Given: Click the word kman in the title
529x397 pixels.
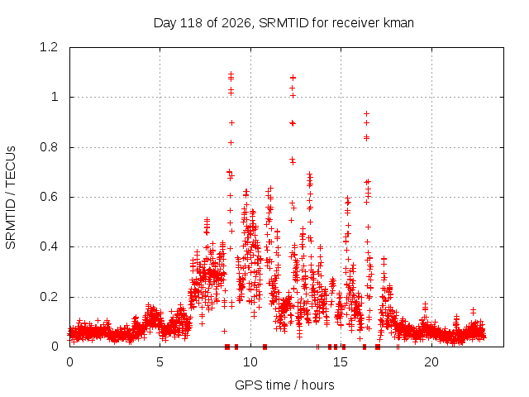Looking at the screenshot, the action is click(398, 23).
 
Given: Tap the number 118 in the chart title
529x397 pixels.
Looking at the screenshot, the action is click(191, 23).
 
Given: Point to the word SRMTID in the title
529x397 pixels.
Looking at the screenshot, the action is click(284, 23).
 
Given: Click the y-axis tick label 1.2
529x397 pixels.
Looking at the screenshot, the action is click(49, 47).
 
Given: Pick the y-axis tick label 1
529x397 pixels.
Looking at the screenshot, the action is click(55, 98).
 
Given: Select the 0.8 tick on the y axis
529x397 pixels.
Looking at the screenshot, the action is click(49, 147).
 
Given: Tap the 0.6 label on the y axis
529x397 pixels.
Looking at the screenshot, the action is click(49, 197).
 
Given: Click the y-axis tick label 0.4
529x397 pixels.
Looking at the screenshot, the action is click(49, 246).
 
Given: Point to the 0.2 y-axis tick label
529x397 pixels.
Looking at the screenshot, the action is click(49, 297).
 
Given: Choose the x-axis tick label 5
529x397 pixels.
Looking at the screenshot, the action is click(160, 362).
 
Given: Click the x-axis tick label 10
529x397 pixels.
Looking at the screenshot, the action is click(250, 362).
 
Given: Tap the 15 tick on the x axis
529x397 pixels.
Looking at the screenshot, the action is click(341, 362).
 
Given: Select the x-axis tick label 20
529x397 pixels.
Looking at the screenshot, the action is click(431, 362).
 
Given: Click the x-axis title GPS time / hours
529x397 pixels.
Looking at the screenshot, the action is click(284, 385).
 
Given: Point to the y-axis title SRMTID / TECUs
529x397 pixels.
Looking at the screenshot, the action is click(11, 198).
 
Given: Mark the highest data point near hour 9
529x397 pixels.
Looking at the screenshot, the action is click(231, 74).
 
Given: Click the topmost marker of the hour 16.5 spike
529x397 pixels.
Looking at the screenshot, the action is click(366, 114).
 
